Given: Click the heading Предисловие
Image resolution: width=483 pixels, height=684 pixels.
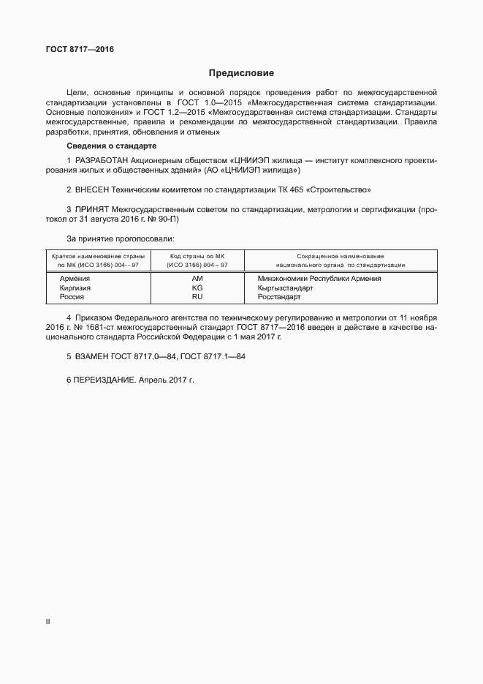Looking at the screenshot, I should [241, 72].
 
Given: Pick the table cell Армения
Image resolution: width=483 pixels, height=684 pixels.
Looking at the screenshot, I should [75, 279].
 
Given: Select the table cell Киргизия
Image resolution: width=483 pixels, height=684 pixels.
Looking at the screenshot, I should [75, 288].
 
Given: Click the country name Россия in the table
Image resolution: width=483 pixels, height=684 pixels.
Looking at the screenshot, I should [72, 297].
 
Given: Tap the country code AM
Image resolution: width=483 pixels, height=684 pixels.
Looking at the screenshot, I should [197, 279].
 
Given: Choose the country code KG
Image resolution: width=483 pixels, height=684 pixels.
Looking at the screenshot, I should [197, 288].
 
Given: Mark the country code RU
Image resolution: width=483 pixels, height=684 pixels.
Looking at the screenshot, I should [197, 297].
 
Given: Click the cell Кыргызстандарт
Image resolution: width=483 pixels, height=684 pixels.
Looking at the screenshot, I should [286, 288].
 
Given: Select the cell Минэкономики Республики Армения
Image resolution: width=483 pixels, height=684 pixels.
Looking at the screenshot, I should [319, 279].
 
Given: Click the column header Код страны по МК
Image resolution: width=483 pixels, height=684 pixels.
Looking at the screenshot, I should [197, 256].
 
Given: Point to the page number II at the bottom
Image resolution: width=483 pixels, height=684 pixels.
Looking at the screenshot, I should [48, 621].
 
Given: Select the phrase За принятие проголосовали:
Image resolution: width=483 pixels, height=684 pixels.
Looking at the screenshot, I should [120, 238].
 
